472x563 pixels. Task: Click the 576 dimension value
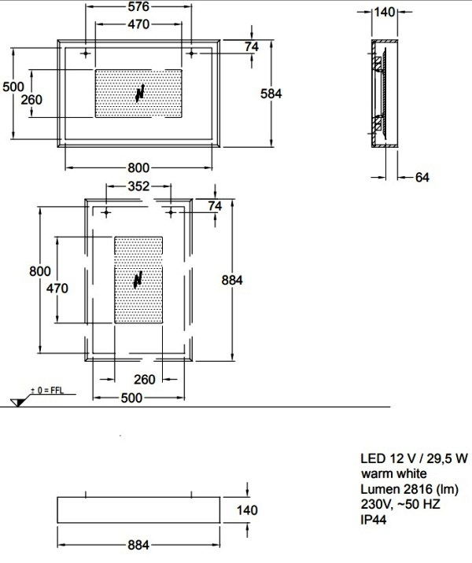[x=138, y=6]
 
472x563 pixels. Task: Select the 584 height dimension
[x=271, y=94]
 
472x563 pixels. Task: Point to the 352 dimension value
[x=138, y=186]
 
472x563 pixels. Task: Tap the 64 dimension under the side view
[x=422, y=177]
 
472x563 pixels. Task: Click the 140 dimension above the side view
[x=385, y=12]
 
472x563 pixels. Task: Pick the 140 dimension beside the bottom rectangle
[x=247, y=510]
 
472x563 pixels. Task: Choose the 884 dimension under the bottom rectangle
[x=138, y=545]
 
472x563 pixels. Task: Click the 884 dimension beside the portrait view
[x=232, y=280]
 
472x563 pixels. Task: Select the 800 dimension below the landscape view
[x=138, y=167]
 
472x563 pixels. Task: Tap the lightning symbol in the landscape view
[x=140, y=93]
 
